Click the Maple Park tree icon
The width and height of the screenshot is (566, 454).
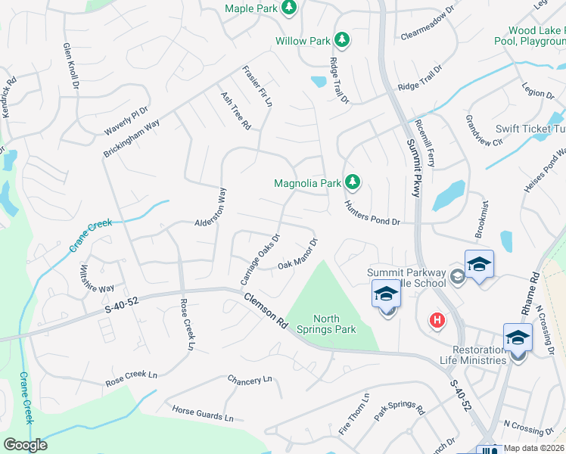[288, 8]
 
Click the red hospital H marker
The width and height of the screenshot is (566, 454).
[437, 321]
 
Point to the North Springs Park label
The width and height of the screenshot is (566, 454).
[334, 324]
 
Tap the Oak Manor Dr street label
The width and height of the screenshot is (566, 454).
[297, 256]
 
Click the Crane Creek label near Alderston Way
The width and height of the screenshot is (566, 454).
[90, 235]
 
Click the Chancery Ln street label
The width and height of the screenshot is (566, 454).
[249, 378]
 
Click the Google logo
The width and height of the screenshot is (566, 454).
[25, 444]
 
